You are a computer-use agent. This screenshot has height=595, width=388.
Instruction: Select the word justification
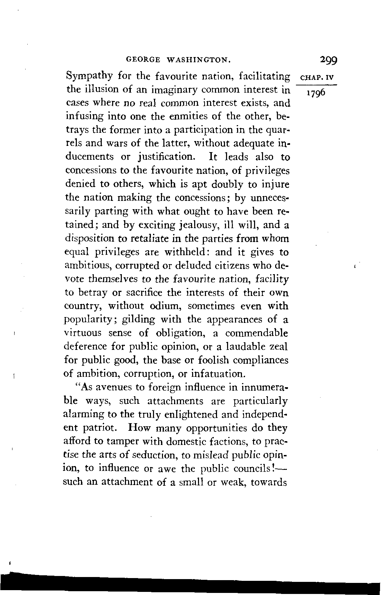click(x=164, y=157)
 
